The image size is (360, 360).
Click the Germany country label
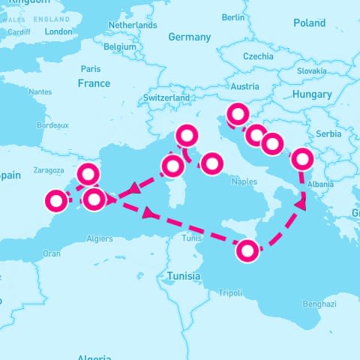coord(190,37)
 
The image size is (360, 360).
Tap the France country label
coord(94,83)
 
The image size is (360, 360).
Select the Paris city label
coord(91,68)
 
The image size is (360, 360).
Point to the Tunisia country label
coord(184,275)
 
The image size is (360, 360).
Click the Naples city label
coord(244,181)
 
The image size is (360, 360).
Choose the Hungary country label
coord(313,94)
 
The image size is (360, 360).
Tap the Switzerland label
coord(166,98)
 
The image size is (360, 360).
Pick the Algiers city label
coord(100,239)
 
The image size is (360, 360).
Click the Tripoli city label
coord(230,293)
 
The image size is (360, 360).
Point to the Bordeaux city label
coord(52,125)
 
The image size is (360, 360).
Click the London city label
coord(58,31)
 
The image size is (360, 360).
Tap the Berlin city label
coord(234,16)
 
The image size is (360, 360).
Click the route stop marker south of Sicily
coord(247,250)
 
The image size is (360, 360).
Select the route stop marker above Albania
coord(302,159)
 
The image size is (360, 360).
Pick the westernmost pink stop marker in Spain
coord(56,201)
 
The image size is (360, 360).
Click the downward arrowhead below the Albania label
coord(303,203)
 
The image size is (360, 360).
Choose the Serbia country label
coord(328,133)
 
